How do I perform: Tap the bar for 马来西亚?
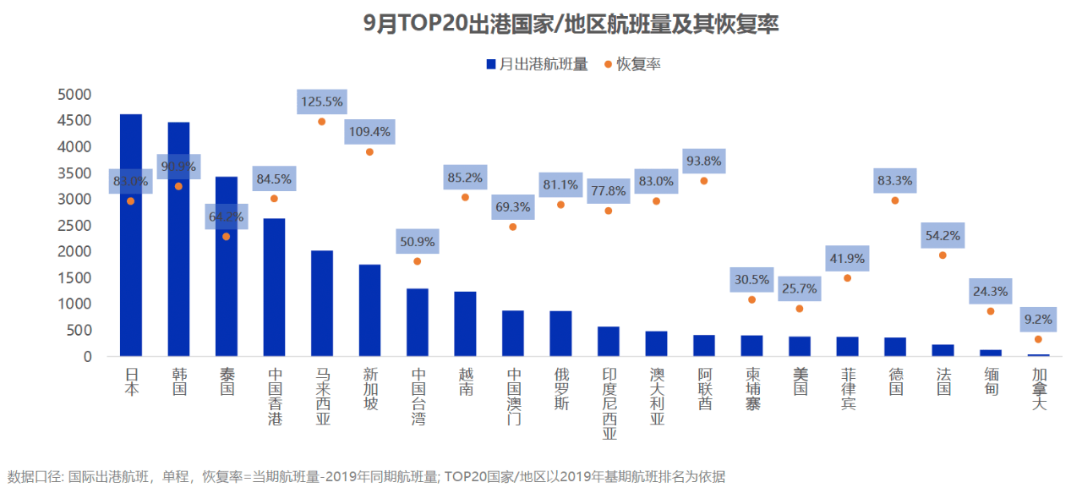pos(322,304)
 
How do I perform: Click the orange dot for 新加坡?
pos(369,151)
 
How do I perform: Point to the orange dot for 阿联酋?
pos(703,181)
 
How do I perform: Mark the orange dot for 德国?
pos(894,200)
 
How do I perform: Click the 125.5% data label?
pos(321,101)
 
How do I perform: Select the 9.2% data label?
pos(1038,320)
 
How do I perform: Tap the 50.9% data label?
pos(417,242)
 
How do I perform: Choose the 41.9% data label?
pos(847,259)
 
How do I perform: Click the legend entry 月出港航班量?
pos(537,64)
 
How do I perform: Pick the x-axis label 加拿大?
pos(1038,388)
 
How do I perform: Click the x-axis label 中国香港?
pos(275,396)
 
